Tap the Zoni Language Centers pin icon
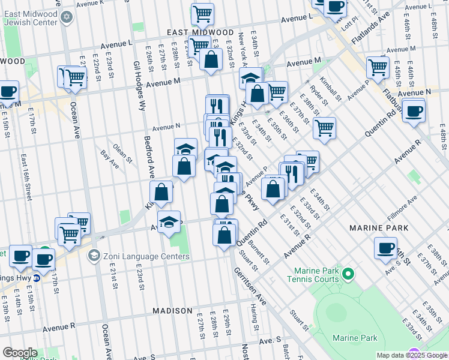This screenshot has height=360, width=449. point(93,256)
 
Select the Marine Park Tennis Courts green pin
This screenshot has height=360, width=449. point(348,275)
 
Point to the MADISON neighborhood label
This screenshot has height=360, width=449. point(172,311)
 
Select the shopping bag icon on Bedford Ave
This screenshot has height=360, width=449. point(161,193)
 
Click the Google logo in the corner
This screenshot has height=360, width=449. point(20,353)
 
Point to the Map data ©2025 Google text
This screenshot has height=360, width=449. point(412,355)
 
